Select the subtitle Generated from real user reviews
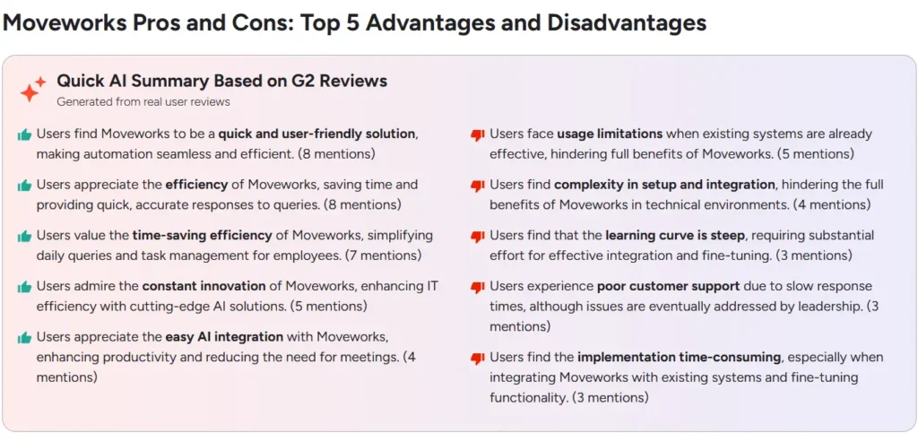click(x=143, y=102)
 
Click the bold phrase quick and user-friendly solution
click(x=316, y=134)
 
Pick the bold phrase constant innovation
click(x=204, y=287)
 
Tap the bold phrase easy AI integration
click(x=224, y=337)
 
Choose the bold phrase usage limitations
click(x=610, y=134)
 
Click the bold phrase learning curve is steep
click(x=675, y=236)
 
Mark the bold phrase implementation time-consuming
click(x=680, y=358)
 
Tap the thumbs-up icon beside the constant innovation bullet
click(x=24, y=288)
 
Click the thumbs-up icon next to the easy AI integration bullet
click(x=24, y=338)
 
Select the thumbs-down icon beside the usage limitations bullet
click(x=478, y=135)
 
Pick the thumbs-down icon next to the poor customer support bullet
click(x=478, y=288)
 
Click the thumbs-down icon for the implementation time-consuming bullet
click(x=478, y=359)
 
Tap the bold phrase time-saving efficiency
click(x=202, y=236)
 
